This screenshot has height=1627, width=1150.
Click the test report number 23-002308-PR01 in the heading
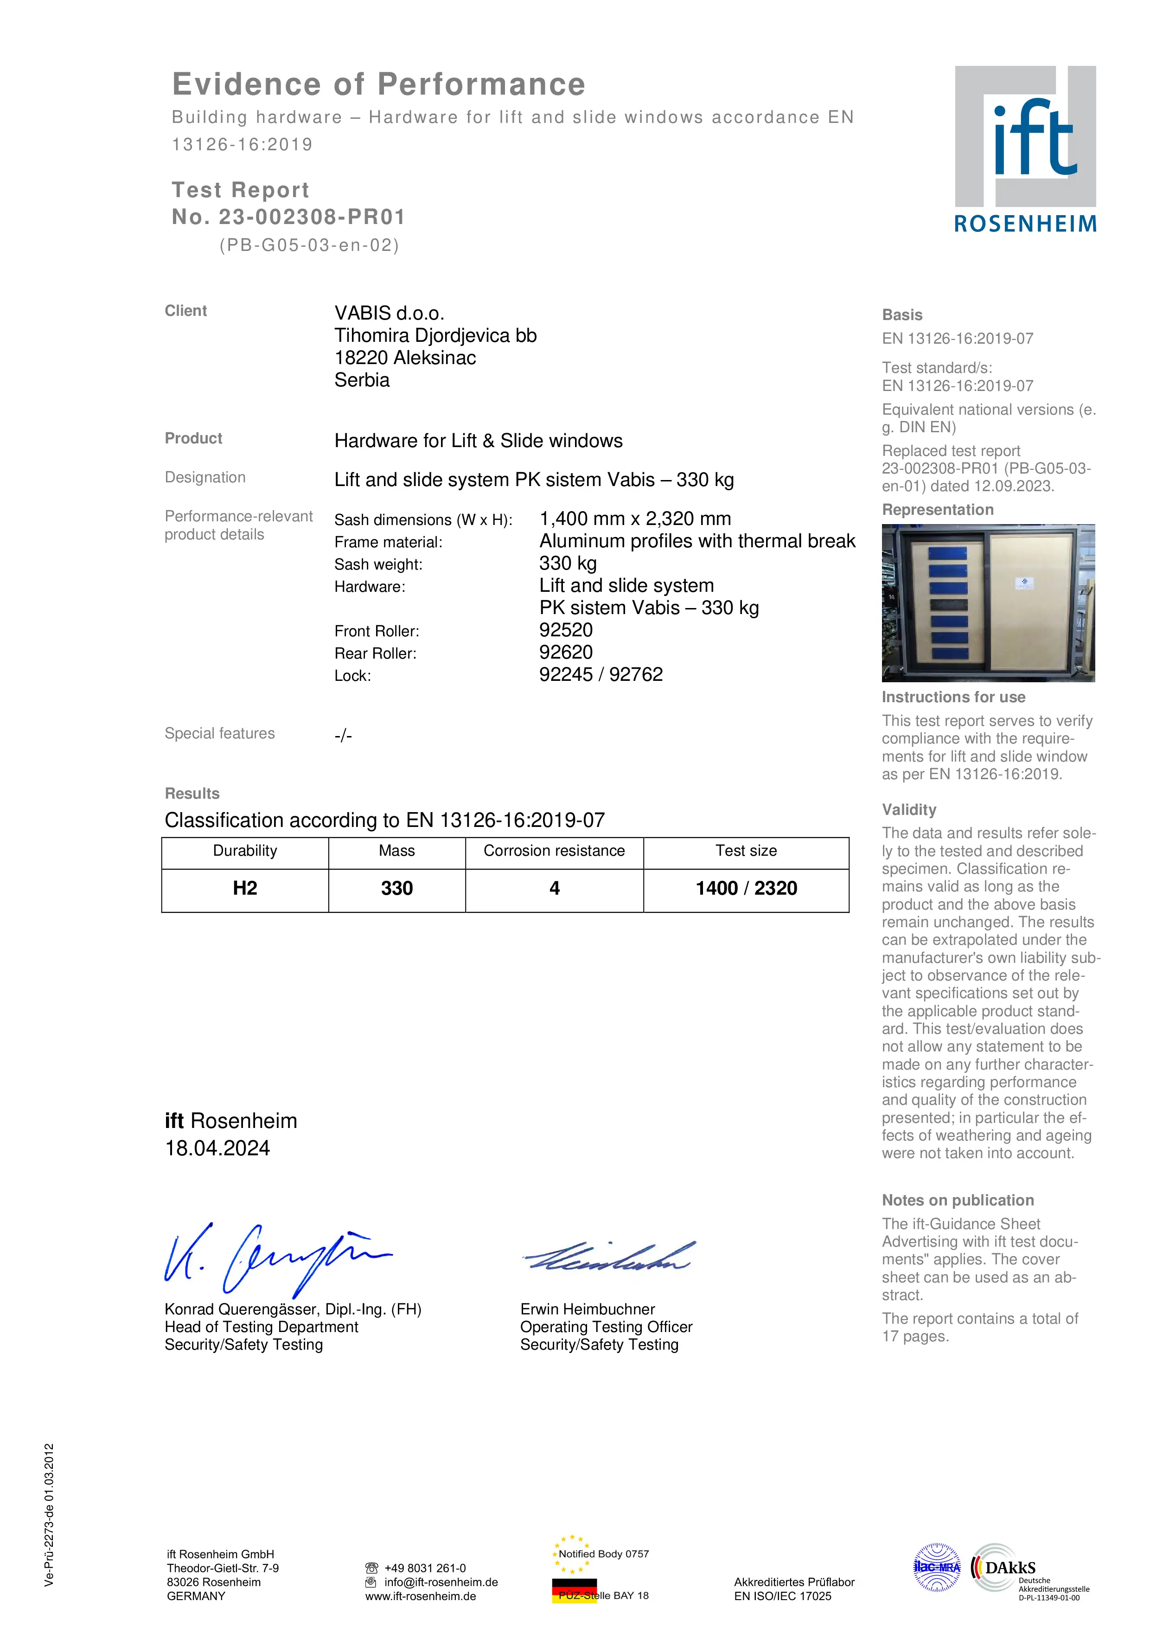(311, 217)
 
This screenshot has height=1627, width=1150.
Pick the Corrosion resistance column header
(554, 851)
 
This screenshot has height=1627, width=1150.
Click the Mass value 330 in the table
(397, 889)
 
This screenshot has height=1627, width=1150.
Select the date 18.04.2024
(217, 1148)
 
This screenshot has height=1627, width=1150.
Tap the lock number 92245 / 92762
(601, 675)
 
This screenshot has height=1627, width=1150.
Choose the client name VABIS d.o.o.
(389, 313)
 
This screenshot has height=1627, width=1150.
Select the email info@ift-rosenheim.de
(441, 1582)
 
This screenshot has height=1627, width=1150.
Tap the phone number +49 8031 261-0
(425, 1568)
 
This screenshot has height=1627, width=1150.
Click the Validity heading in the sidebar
(908, 809)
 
